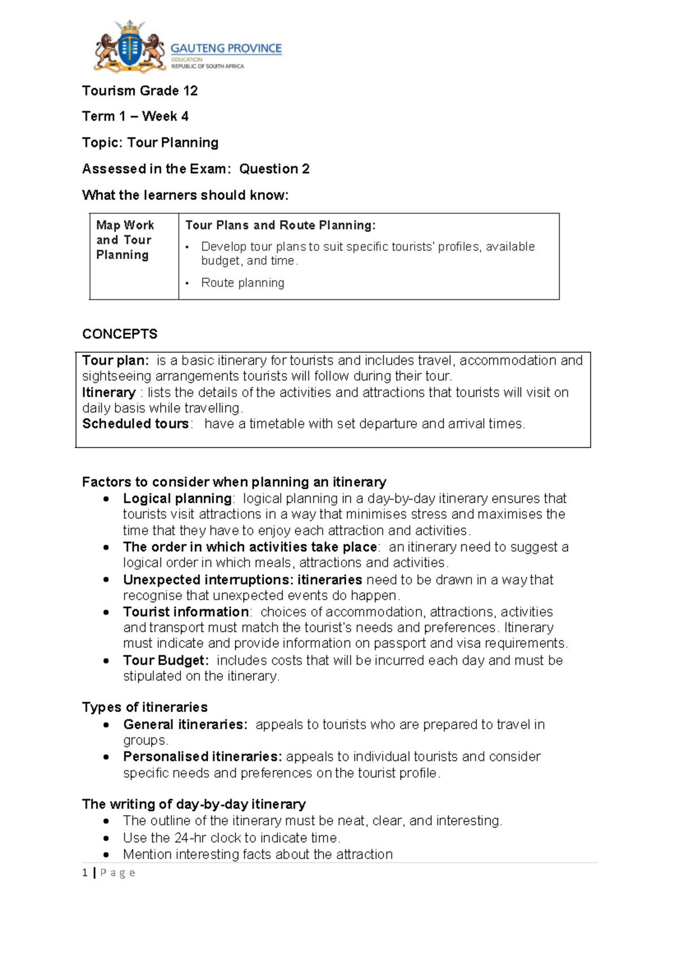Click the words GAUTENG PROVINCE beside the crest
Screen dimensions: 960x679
click(x=226, y=49)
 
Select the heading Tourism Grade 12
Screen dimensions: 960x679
click(x=140, y=91)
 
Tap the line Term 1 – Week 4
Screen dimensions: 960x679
click(x=135, y=117)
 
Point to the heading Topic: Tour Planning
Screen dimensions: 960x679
click(x=150, y=143)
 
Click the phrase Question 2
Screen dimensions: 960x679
click(x=274, y=169)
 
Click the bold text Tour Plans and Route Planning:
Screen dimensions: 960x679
click(x=280, y=225)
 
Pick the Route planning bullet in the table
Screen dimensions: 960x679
click(x=243, y=283)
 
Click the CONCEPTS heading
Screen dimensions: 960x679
click(x=119, y=334)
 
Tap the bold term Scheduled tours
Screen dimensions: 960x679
click(x=135, y=424)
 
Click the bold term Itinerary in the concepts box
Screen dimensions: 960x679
click(x=109, y=393)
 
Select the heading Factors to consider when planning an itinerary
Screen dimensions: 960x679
click(x=234, y=482)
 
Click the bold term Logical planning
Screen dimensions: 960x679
click(x=177, y=498)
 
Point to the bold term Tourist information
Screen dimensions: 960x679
click(x=186, y=612)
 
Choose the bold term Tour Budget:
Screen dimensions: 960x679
click(x=166, y=660)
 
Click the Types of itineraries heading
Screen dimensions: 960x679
click(x=145, y=707)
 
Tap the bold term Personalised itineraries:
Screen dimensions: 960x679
click(x=202, y=756)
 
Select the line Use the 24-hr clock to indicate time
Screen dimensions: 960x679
click(x=231, y=838)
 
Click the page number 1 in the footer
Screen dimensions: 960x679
click(x=85, y=873)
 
